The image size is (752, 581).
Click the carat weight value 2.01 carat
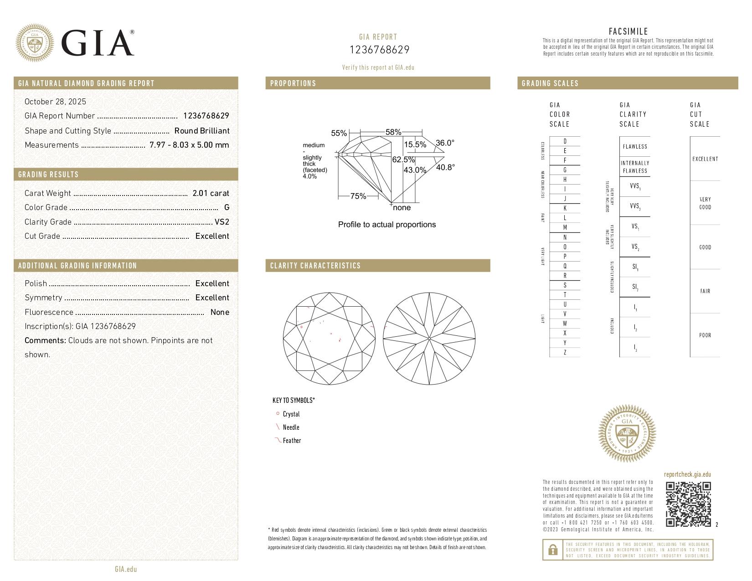coord(211,193)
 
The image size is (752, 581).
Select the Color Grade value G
coord(227,207)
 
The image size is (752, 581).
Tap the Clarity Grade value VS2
coord(222,222)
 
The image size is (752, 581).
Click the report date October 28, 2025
coord(55,102)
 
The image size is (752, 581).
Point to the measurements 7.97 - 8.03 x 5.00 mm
coord(189,145)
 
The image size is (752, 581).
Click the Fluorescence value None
coord(220,312)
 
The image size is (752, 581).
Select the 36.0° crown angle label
coord(445,143)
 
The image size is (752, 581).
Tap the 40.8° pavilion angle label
coord(445,167)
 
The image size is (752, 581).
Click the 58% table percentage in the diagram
coord(393,132)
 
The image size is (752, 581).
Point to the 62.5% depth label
coord(403,160)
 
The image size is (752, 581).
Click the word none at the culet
coord(402,208)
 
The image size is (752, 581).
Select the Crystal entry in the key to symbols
coord(291,414)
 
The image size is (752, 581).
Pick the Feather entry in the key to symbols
coord(292,441)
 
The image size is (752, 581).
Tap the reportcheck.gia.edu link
coord(687,474)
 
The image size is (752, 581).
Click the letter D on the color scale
coord(565,141)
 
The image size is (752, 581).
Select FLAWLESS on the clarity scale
coord(635,147)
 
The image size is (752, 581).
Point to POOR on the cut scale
coord(705,335)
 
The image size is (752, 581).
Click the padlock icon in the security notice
coord(552,550)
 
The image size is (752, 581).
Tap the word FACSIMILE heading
coord(628,31)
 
